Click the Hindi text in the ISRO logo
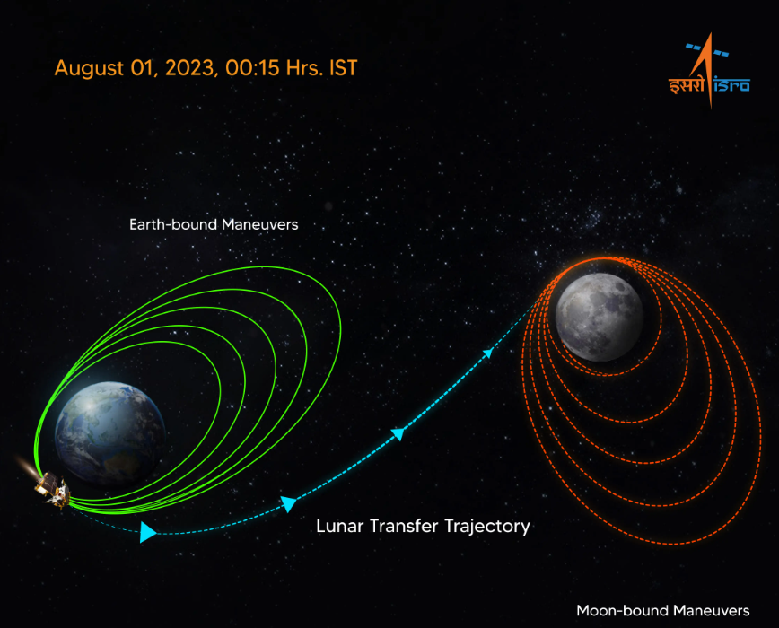click(687, 86)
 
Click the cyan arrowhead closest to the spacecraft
click(147, 533)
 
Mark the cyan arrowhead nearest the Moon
click(489, 353)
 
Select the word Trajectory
click(486, 527)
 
